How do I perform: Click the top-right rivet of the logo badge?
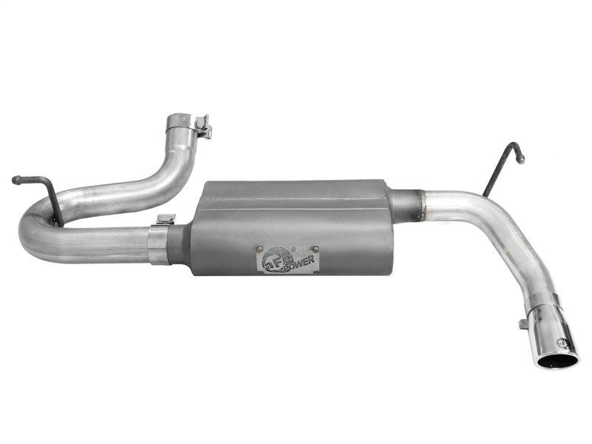click(x=315, y=249)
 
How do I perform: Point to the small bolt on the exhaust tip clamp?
click(x=523, y=323)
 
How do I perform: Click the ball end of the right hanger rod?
click(x=521, y=158)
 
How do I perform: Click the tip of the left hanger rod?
click(x=16, y=179)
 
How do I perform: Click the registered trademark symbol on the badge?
click(x=294, y=249)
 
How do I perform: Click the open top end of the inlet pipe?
click(x=181, y=118)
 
